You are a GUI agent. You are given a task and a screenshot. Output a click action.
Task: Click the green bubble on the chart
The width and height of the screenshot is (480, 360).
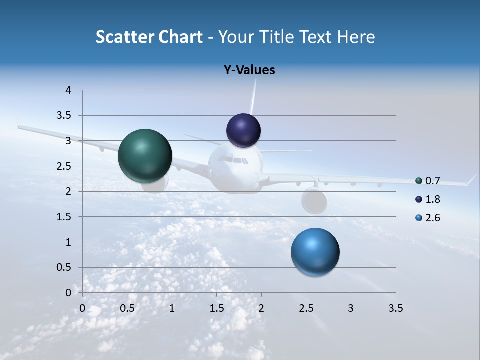[x=145, y=156]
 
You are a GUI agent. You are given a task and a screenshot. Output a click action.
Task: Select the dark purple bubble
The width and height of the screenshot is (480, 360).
[x=244, y=130]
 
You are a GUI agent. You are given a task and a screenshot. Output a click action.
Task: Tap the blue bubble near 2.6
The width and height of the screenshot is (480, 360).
[x=315, y=252]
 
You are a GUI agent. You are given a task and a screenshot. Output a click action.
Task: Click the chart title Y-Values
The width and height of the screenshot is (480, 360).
[x=249, y=70]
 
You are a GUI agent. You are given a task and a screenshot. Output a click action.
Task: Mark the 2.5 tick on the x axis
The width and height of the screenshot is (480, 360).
[x=306, y=308]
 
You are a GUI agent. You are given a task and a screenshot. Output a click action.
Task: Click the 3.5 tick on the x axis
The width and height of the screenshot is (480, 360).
[x=395, y=308]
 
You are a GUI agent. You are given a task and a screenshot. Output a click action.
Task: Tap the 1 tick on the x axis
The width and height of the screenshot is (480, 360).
[x=172, y=308]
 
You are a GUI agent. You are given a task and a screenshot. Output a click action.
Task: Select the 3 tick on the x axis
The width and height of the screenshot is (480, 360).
[x=351, y=308]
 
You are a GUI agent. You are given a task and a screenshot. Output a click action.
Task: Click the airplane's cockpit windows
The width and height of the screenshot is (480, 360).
[x=234, y=160]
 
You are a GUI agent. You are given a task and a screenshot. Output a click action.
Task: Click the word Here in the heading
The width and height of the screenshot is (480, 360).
[x=356, y=37]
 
